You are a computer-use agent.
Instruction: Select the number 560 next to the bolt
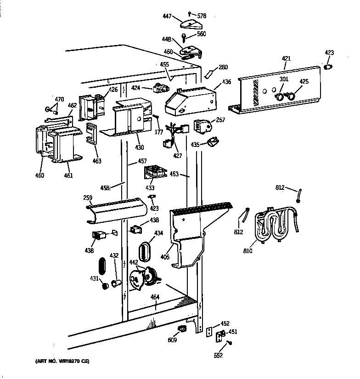202,34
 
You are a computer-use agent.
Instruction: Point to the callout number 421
286,58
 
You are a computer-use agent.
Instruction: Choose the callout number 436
226,82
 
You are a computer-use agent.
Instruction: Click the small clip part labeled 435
213,142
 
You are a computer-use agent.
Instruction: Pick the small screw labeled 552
230,343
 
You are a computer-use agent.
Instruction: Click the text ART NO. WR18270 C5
62,362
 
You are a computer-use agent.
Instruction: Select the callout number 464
155,297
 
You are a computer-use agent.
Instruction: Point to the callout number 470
59,99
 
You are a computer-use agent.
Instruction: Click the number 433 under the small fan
150,187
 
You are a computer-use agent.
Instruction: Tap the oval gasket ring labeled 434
146,252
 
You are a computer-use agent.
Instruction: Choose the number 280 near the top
223,68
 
